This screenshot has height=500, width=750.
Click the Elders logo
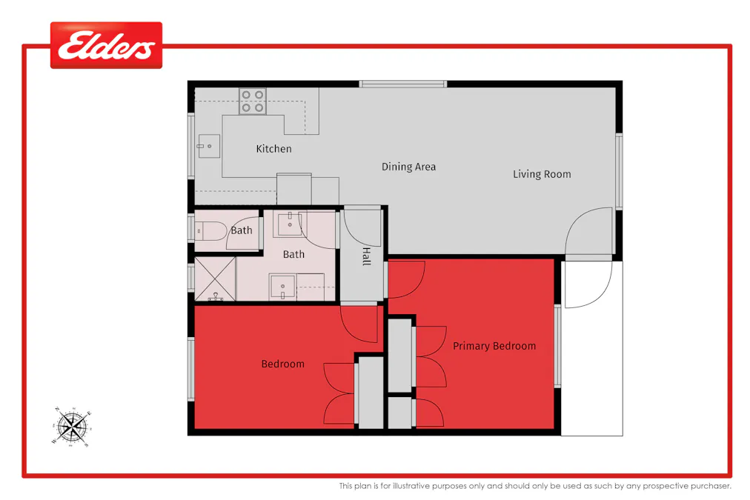[106, 46]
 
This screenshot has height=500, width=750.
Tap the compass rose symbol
[73, 426]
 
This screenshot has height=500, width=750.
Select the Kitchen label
[273, 149]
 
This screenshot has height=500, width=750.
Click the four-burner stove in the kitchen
[253, 101]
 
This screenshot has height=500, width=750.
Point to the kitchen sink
[208, 147]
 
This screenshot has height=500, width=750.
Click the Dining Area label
[408, 167]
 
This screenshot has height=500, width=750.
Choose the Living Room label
[542, 174]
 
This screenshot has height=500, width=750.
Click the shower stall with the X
[215, 279]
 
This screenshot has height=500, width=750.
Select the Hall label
[366, 257]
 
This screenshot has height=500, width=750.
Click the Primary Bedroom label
[494, 346]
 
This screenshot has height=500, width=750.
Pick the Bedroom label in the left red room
[282, 364]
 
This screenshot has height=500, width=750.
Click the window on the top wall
[403, 84]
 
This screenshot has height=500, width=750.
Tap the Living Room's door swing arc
[588, 230]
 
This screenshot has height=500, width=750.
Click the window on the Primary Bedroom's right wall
[558, 347]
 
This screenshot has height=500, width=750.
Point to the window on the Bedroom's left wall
[190, 369]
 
